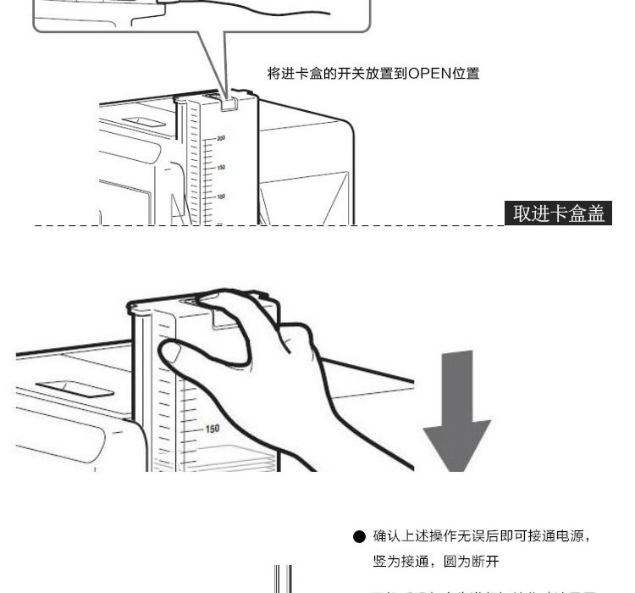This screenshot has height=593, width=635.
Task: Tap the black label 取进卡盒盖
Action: (x=560, y=213)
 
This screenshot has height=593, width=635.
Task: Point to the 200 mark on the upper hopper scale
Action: (x=221, y=137)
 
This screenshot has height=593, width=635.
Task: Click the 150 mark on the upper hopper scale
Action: (x=221, y=167)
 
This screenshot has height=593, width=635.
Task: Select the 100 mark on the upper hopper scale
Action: (x=221, y=197)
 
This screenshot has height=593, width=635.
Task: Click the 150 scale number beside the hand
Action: (x=212, y=429)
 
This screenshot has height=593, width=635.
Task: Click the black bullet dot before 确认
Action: (x=359, y=537)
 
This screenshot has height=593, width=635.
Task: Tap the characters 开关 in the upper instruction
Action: (x=348, y=74)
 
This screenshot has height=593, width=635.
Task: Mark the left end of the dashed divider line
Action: (x=36, y=225)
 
